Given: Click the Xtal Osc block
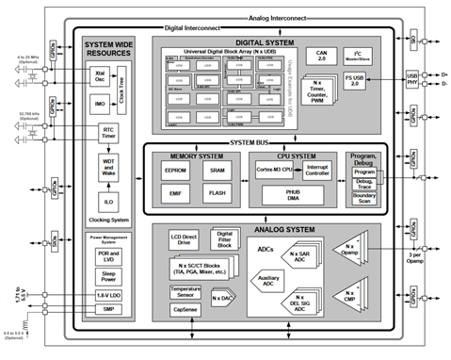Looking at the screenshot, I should (x=99, y=74).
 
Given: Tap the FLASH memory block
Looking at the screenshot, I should (x=216, y=195).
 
